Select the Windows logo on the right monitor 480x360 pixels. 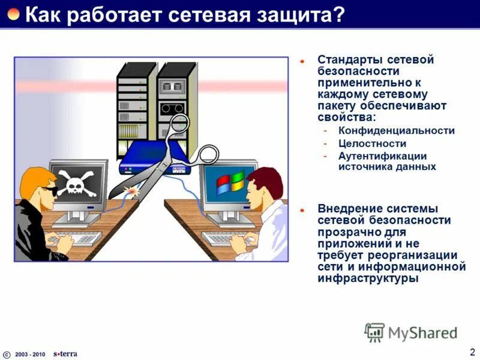pos(230,183)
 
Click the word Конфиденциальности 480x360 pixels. pos(397,130)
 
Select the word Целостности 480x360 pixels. pos(364,143)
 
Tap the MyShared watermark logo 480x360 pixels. pos(410,332)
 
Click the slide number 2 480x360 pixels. pos(472,352)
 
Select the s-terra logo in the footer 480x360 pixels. pos(65,353)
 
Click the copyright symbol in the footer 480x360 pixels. pos(7,354)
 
